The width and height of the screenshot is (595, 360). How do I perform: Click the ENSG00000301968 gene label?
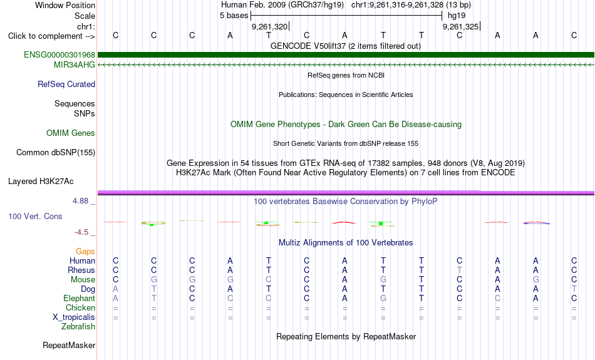click(59, 54)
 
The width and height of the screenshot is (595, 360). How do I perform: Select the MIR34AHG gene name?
click(75, 65)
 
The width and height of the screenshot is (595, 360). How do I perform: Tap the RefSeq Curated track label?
click(66, 85)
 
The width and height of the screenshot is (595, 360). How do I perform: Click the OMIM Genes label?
click(71, 133)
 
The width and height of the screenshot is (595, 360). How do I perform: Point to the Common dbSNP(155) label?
click(56, 153)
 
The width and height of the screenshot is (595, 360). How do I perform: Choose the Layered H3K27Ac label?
click(41, 182)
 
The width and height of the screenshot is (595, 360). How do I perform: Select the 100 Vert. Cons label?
click(35, 216)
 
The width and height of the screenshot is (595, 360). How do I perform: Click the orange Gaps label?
click(85, 252)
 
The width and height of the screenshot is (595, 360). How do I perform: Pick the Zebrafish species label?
click(78, 327)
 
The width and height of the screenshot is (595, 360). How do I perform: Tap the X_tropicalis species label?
click(74, 317)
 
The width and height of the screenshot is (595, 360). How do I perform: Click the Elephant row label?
click(79, 299)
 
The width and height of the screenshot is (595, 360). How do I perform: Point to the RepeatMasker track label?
click(69, 345)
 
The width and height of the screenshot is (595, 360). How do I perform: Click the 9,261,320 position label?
click(270, 26)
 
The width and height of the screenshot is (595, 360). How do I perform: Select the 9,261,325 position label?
click(461, 26)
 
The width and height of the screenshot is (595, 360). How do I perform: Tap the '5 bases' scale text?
click(234, 16)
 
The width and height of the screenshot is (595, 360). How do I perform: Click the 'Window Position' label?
click(65, 5)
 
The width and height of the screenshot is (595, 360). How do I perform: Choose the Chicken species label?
click(80, 307)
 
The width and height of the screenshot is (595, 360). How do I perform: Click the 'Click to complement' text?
click(45, 36)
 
